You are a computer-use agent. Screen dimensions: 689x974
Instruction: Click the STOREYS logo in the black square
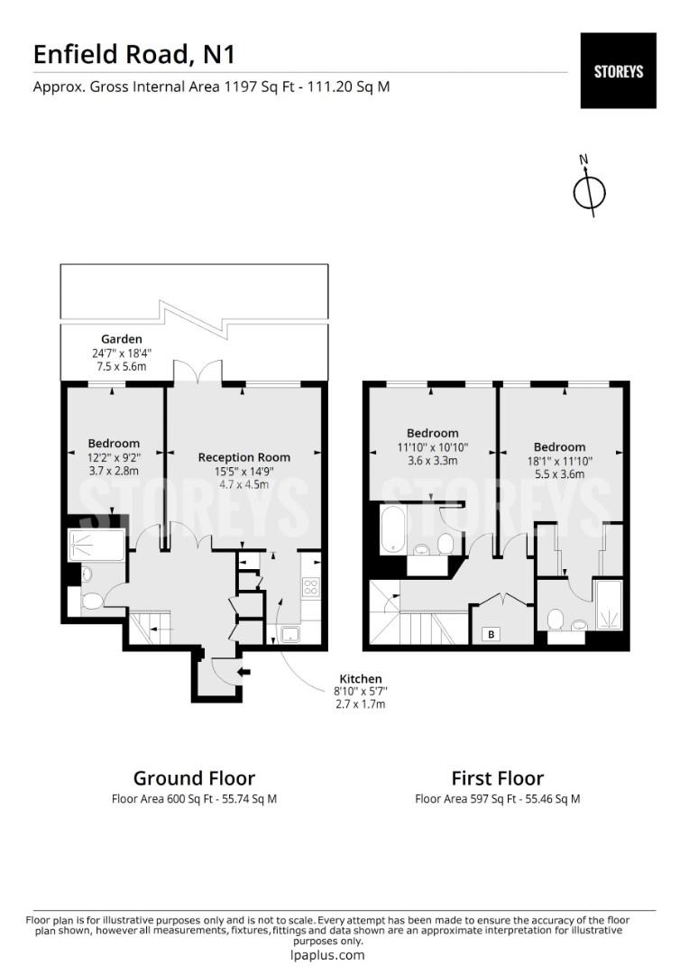point(618,71)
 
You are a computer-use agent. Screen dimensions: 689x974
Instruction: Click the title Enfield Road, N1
point(134,55)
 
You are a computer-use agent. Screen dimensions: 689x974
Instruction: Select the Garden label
point(122,339)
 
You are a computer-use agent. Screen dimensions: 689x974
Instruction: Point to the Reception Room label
point(244,457)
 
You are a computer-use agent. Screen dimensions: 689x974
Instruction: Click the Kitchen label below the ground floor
point(361,679)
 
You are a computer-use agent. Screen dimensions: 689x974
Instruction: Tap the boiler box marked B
point(491,634)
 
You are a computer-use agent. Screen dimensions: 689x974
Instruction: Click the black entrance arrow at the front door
point(244,672)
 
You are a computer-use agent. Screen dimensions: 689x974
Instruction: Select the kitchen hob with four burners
point(310,587)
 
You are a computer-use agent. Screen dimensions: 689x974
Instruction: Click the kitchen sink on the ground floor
point(290,634)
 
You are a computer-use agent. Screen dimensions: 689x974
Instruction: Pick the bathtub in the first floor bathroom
point(392,528)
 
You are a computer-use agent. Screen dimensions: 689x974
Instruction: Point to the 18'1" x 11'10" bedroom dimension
point(559,461)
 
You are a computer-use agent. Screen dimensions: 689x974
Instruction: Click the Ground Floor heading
point(195,778)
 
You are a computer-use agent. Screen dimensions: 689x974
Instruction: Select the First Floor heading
point(498,778)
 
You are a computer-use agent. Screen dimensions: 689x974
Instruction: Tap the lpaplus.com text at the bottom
point(327,955)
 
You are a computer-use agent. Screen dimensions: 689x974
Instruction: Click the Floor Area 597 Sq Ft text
point(466,799)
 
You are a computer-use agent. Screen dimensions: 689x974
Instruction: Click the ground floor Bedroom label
point(114,444)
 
